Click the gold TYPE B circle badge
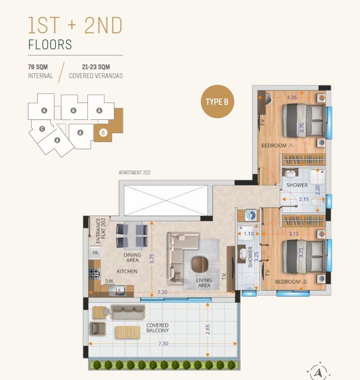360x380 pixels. (x=217, y=102)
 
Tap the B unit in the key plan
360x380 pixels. (x=103, y=133)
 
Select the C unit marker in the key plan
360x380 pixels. (x=42, y=129)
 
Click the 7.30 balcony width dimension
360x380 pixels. (x=163, y=344)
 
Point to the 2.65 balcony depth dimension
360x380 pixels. (x=207, y=329)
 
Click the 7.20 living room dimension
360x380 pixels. (x=162, y=292)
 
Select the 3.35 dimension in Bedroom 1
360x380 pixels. (x=292, y=97)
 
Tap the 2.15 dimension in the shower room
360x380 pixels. (x=304, y=199)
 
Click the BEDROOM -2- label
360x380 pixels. (x=291, y=281)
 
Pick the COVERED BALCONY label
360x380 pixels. (x=157, y=328)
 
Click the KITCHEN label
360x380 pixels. (x=127, y=271)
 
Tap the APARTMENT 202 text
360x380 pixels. (x=135, y=173)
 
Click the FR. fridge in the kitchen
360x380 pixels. (x=95, y=253)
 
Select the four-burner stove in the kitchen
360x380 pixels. (x=94, y=274)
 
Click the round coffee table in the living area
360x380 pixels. (x=200, y=264)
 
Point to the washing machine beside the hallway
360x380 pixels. (x=251, y=215)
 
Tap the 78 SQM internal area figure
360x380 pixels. (x=38, y=67)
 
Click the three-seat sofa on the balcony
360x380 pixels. (x=128, y=312)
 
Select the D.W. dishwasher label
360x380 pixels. (x=109, y=281)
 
